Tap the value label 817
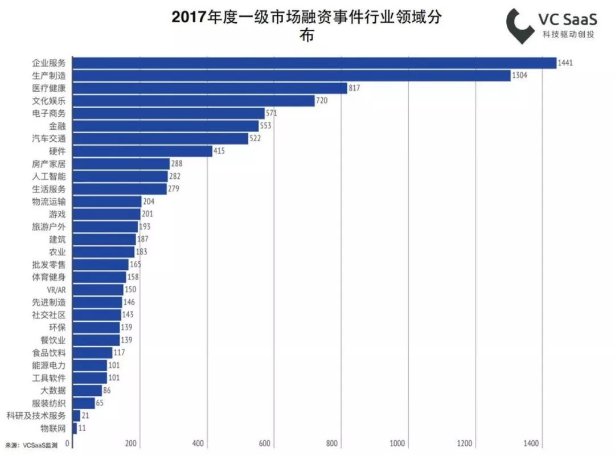[355, 88]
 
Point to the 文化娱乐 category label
[49, 101]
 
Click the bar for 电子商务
[169, 113]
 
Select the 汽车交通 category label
[49, 138]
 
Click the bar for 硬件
[142, 151]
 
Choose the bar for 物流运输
[107, 202]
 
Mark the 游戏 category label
[57, 214]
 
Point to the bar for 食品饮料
[92, 352]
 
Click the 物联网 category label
[53, 428]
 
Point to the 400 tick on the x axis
[198, 444]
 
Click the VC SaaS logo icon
[520, 26]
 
